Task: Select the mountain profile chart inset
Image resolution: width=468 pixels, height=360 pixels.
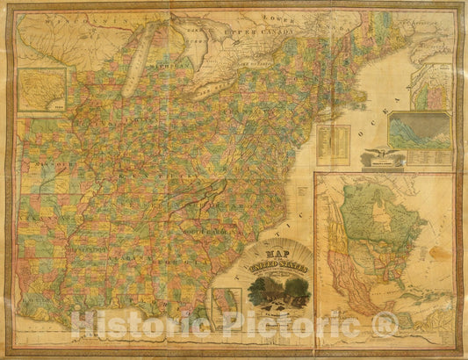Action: coord(420,131)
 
